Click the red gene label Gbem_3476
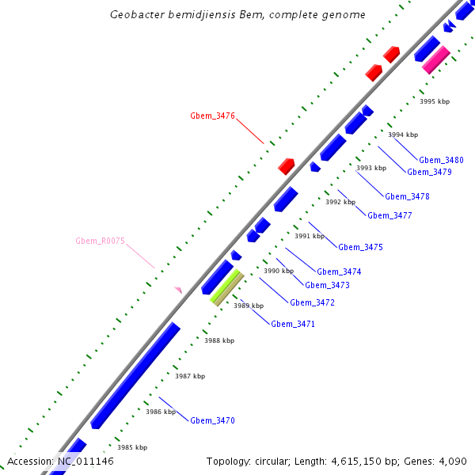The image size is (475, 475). click(x=212, y=116)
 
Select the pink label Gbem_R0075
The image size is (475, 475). click(x=100, y=241)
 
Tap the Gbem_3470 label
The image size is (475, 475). click(x=212, y=420)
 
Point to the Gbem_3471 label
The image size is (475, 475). click(x=293, y=324)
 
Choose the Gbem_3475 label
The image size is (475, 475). click(x=360, y=247)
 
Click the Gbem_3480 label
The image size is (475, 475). click(x=441, y=160)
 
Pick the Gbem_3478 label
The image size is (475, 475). click(x=407, y=196)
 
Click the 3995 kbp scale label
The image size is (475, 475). click(x=435, y=101)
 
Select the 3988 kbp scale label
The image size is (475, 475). click(x=219, y=340)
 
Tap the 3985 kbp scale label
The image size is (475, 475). click(x=132, y=447)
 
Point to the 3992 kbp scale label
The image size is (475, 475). click(x=340, y=202)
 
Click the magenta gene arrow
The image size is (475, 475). click(x=436, y=59)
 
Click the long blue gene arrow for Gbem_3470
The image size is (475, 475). click(x=135, y=375)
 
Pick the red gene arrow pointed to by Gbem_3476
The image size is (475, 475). click(x=287, y=166)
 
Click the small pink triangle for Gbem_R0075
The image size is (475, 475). click(x=179, y=291)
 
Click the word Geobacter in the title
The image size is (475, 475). click(x=139, y=14)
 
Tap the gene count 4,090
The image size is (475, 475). click(x=451, y=461)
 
